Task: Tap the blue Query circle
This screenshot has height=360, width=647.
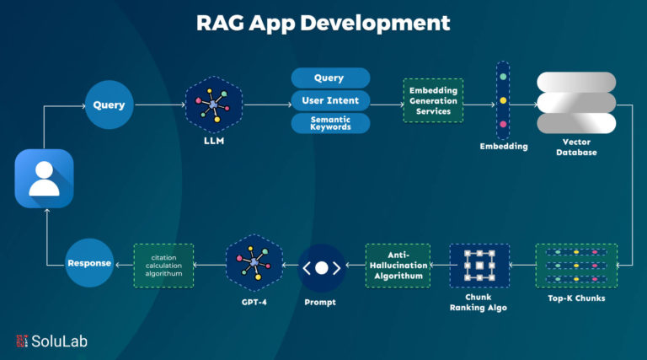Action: click(110, 105)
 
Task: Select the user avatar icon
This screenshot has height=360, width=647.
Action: click(45, 178)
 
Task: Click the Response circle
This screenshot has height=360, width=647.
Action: click(88, 262)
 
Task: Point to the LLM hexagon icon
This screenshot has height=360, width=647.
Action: click(213, 105)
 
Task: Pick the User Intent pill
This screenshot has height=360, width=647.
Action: click(330, 100)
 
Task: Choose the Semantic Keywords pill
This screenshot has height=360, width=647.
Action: click(330, 123)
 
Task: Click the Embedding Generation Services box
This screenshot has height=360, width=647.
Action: click(432, 100)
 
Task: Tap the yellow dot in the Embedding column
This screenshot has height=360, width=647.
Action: click(503, 100)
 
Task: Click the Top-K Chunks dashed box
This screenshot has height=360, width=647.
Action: click(575, 266)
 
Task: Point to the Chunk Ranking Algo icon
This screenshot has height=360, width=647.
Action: click(479, 266)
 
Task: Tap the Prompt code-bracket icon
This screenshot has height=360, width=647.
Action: click(321, 269)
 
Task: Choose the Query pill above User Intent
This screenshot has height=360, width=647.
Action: click(330, 78)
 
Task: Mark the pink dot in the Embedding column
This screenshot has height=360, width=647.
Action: click(503, 125)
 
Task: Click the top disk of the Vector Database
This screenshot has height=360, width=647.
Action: click(577, 82)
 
